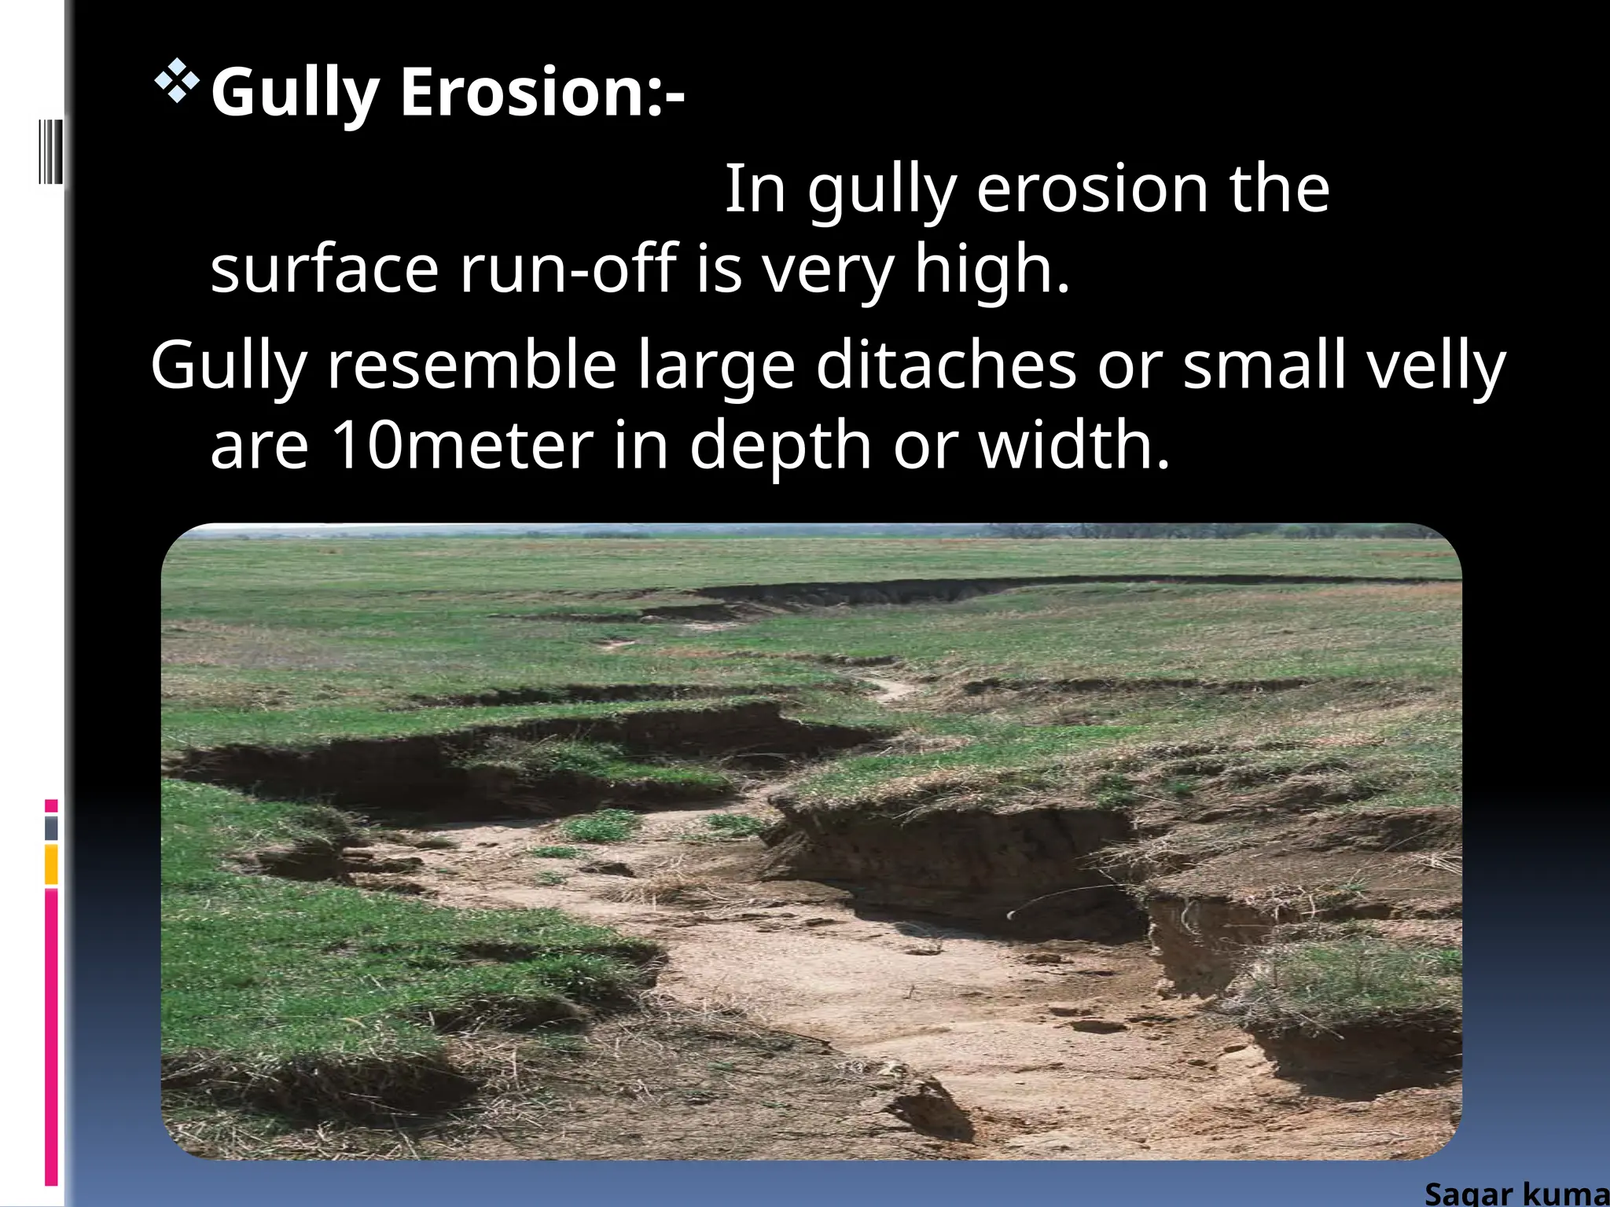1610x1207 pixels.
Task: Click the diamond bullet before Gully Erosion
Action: (177, 81)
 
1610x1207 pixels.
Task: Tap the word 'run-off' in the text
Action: (568, 269)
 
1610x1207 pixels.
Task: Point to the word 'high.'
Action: (992, 269)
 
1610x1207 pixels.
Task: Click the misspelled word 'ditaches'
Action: (946, 365)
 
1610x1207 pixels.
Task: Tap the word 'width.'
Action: (1074, 445)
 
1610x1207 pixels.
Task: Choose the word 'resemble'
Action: (472, 365)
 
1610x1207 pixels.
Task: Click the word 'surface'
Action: (324, 269)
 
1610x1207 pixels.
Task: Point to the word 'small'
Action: (1263, 365)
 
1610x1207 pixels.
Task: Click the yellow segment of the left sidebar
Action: (51, 864)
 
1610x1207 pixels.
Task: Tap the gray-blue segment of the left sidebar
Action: (51, 827)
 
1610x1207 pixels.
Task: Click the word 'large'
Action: (716, 366)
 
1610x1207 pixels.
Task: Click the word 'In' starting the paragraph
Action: (755, 189)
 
